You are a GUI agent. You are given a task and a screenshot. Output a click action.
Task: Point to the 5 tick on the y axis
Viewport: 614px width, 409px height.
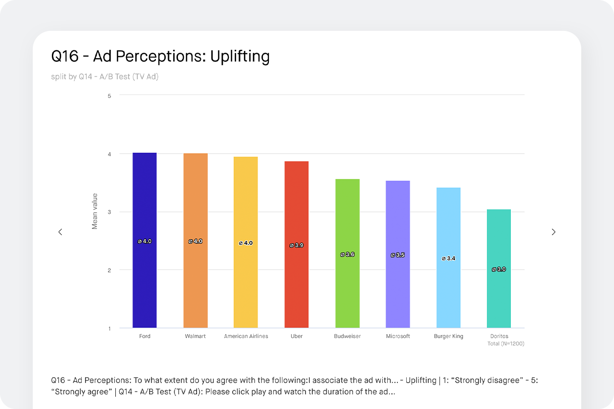(109, 96)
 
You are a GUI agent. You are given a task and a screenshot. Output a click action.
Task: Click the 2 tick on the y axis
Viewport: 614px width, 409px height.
(109, 270)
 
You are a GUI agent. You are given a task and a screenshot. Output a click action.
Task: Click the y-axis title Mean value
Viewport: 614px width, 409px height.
(95, 211)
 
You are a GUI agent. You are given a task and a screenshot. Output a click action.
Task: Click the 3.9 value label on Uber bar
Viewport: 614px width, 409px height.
(296, 245)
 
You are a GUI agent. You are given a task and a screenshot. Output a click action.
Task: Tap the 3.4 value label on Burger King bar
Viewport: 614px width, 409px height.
(448, 258)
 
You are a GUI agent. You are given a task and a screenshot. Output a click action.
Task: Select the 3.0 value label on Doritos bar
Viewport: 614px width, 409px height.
(499, 270)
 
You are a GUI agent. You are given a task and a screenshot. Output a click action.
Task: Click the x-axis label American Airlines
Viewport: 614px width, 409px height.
(246, 337)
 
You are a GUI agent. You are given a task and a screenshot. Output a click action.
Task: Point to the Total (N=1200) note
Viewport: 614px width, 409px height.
(505, 343)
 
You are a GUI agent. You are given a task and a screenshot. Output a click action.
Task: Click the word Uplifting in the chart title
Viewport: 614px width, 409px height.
(240, 57)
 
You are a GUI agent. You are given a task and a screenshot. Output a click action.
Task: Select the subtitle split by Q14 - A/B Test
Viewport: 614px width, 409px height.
(105, 77)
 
